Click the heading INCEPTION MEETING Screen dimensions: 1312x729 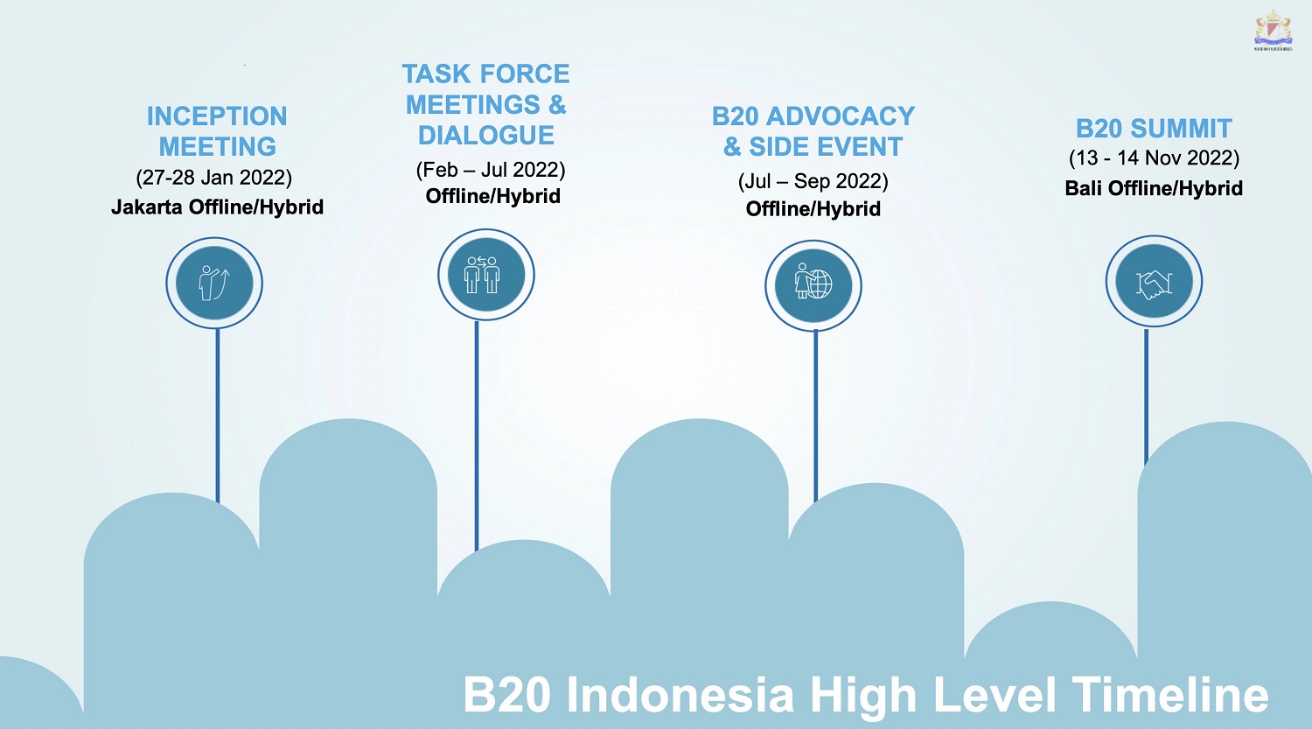pos(217,131)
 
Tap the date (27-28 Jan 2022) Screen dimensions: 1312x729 pos(213,178)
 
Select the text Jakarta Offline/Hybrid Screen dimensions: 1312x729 pos(217,207)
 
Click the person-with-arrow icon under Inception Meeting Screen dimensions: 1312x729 pos(214,283)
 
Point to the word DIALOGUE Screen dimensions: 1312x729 pos(486,136)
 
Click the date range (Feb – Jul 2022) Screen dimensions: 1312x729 pos(491,170)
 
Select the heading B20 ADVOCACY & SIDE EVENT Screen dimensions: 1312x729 pos(813,131)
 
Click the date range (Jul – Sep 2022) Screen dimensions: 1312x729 pos(813,181)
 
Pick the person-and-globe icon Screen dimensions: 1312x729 pos(813,285)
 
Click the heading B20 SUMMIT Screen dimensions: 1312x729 pos(1154,129)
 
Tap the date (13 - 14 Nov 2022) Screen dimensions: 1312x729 pos(1154,158)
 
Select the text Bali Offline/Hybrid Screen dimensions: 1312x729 pos(1154,188)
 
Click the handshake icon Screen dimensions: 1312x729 pos(1154,281)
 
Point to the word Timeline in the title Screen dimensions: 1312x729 pos(1170,694)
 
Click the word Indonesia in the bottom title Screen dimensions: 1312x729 pos(680,694)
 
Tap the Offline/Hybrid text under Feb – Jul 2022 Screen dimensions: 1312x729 pos(492,196)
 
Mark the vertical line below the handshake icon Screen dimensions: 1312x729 pos(1146,396)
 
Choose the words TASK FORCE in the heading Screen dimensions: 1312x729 pos(485,74)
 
